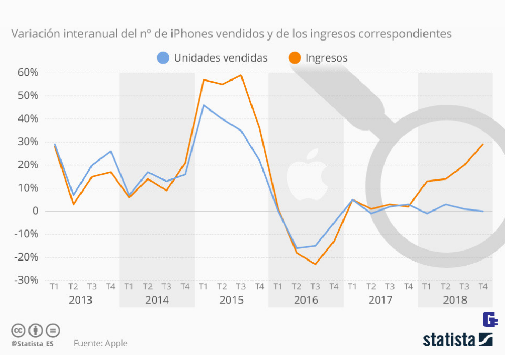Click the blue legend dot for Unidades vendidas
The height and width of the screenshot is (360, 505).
click(164, 58)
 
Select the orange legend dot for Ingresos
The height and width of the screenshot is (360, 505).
click(295, 58)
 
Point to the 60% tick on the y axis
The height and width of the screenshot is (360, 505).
click(28, 73)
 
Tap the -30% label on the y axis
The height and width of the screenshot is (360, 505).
click(26, 281)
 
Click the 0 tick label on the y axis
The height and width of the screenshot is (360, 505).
click(35, 211)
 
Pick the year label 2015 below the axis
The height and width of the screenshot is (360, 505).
click(231, 301)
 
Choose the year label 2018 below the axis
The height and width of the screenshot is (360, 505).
click(455, 301)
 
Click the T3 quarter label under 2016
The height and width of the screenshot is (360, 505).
click(315, 287)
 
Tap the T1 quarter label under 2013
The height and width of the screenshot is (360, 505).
click(54, 287)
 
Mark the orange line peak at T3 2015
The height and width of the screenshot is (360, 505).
click(241, 75)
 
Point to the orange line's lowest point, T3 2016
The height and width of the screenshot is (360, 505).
click(315, 264)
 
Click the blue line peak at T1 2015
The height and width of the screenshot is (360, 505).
click(204, 105)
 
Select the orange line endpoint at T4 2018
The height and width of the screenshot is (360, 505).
click(483, 144)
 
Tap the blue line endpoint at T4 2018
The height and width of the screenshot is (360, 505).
click(483, 211)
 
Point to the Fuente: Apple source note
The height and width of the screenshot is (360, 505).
click(100, 343)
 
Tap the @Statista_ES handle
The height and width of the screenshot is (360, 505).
click(32, 344)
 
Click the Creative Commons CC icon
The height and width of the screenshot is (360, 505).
click(18, 331)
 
